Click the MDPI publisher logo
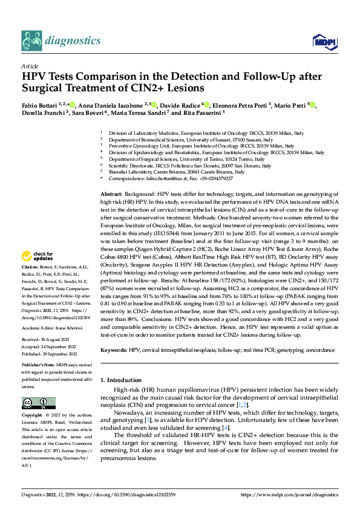[x=321, y=41]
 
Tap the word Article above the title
[x=29, y=65]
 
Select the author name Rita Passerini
[x=202, y=112]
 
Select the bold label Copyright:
[x=33, y=416]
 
